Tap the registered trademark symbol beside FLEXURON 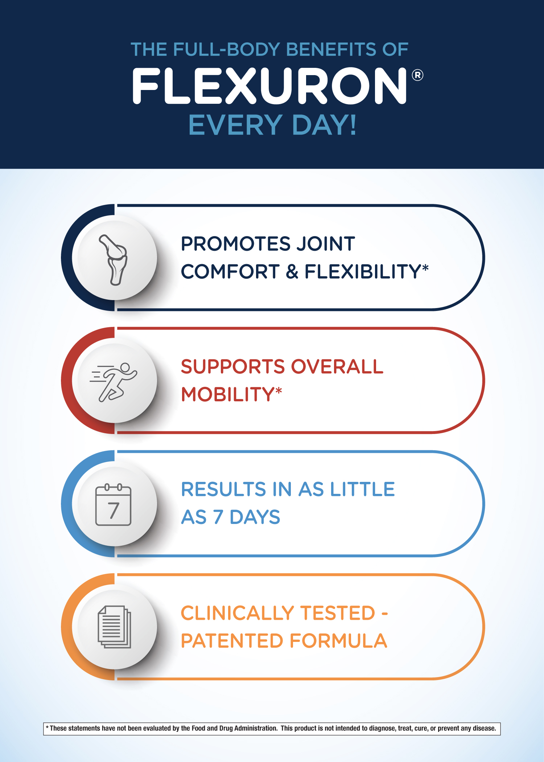(417, 75)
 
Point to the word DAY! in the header (324, 125)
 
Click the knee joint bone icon (114, 259)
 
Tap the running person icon (114, 382)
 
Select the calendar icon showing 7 (113, 504)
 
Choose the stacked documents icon (114, 627)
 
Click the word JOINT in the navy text (325, 243)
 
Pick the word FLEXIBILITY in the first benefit (363, 271)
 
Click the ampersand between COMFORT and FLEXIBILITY (292, 271)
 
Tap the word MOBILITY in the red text (227, 394)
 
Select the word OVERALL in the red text (337, 366)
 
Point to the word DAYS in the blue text (255, 517)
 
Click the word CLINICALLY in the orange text (237, 613)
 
